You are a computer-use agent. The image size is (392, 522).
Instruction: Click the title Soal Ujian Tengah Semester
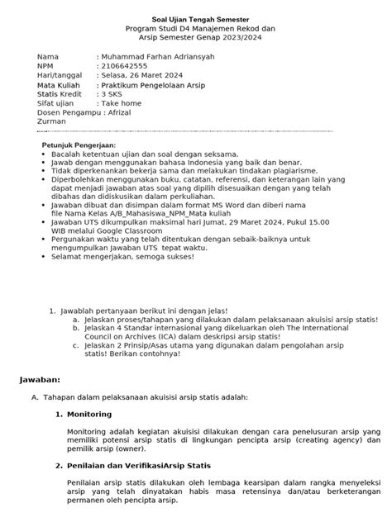pos(195,18)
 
